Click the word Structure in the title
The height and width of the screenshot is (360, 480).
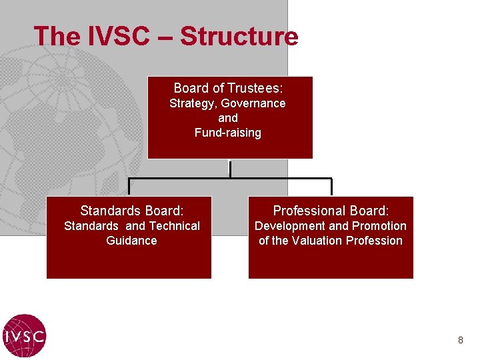click(x=239, y=36)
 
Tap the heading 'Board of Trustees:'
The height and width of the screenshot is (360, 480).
click(x=229, y=88)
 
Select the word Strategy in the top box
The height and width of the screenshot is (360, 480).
click(x=193, y=103)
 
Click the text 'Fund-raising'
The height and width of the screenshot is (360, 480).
click(x=228, y=133)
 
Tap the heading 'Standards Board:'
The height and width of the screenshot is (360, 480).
click(x=131, y=211)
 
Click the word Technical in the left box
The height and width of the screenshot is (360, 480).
click(x=173, y=226)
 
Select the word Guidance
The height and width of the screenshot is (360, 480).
click(x=131, y=241)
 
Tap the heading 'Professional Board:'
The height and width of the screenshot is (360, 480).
click(x=331, y=211)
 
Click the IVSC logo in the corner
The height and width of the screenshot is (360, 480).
click(x=24, y=335)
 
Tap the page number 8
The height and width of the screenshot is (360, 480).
click(x=460, y=341)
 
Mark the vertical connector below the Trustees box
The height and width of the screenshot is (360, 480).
click(x=230, y=169)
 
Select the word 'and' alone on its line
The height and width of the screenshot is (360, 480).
click(x=228, y=118)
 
